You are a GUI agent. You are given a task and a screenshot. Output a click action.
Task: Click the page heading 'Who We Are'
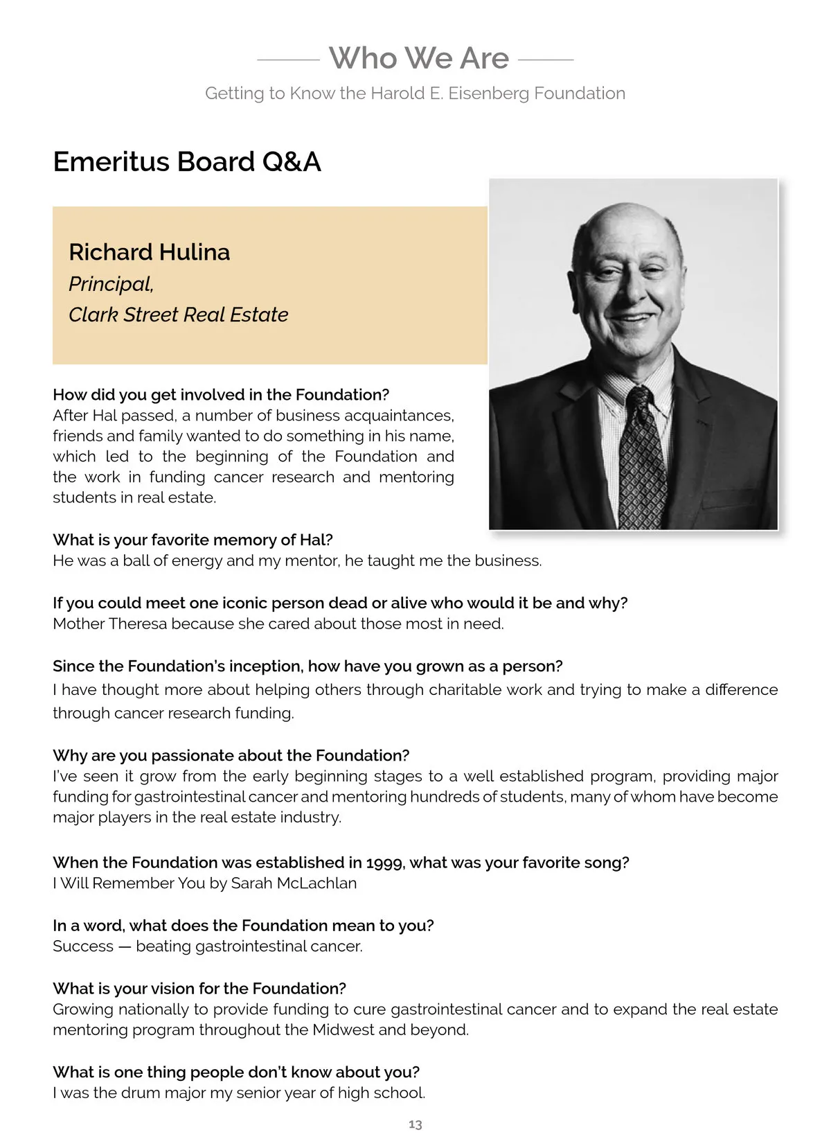[x=418, y=58]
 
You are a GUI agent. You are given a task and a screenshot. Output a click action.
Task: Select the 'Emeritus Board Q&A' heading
[x=187, y=161]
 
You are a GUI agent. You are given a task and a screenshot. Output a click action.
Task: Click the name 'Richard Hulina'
[x=149, y=251]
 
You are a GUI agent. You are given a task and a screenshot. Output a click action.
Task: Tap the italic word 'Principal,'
[x=111, y=283]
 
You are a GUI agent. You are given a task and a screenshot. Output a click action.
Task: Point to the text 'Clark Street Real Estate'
[x=178, y=315]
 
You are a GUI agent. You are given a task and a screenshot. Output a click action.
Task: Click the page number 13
[x=415, y=1124]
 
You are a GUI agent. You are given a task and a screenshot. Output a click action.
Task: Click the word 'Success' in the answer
[x=82, y=946]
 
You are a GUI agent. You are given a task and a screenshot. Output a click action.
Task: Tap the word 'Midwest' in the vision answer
[x=343, y=1030]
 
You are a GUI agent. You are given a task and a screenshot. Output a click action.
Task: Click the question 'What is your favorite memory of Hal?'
[x=193, y=540]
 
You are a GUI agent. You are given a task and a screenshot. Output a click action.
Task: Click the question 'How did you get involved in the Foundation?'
[x=221, y=395]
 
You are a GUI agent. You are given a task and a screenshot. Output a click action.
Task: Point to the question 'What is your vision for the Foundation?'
[x=199, y=989]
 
